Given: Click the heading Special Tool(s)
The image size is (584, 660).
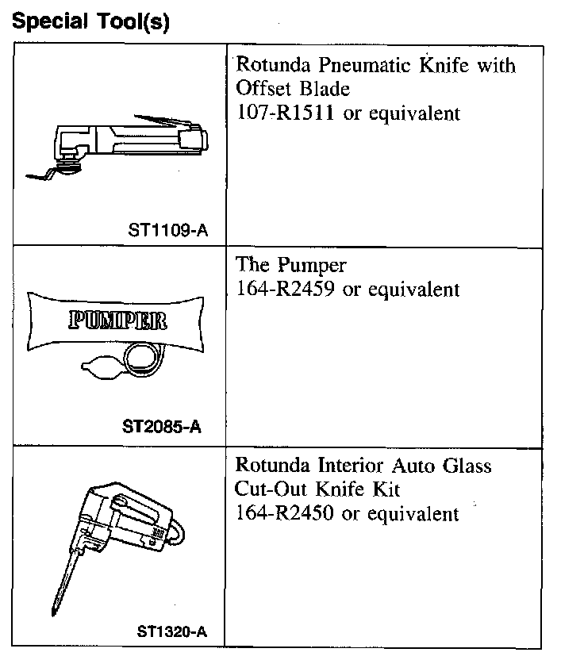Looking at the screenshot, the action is point(90,21).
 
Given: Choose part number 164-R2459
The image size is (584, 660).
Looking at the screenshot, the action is point(287,290).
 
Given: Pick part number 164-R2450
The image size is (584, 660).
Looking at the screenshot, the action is point(287,513).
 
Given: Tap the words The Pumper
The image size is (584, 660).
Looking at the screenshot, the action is point(291,266).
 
